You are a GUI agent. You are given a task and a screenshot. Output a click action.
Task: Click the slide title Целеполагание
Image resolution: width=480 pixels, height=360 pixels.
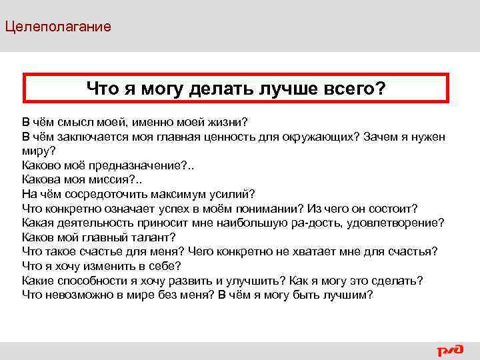(57, 27)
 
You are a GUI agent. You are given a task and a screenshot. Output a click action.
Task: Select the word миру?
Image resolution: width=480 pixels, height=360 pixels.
(39, 151)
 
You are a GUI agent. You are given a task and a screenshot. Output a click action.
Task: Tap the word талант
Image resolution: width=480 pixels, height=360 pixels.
(152, 237)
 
